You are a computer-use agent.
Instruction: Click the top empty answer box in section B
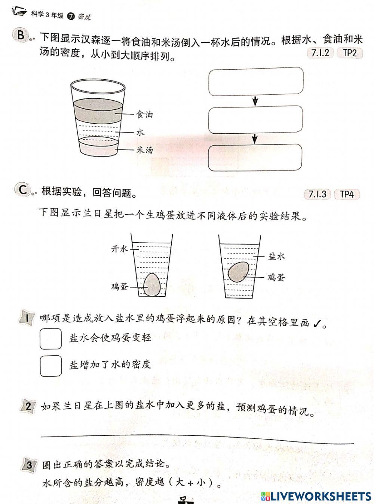255,81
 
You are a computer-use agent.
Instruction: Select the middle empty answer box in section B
255,119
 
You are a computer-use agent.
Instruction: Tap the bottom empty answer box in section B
255,157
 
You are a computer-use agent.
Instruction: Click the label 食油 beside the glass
144,114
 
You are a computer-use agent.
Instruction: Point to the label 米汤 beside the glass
144,150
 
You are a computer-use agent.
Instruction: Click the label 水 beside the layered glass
140,132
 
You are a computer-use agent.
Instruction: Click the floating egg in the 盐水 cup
239,271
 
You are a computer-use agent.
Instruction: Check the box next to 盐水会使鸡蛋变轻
50,338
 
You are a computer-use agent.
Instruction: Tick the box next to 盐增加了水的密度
50,365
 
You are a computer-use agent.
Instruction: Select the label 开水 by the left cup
120,249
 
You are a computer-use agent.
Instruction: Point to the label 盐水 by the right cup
277,256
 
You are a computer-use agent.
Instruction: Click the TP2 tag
350,53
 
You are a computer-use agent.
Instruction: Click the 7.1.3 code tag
318,194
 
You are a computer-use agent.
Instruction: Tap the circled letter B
21,36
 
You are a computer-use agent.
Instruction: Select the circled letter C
22,190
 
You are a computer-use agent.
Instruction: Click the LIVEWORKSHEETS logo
316,496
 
